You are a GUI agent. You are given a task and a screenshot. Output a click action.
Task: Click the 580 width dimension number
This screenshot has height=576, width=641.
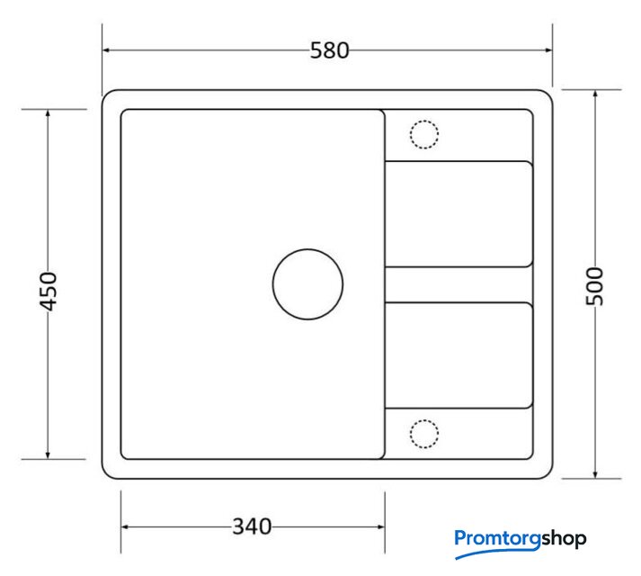click(x=330, y=50)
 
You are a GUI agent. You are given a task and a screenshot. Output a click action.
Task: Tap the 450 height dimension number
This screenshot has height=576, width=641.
click(x=48, y=291)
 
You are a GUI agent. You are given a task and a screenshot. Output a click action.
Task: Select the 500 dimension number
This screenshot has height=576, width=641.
click(x=595, y=286)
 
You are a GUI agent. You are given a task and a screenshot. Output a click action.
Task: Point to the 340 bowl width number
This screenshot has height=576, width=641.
click(x=252, y=526)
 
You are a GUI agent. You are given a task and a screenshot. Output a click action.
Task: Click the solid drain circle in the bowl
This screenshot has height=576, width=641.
click(x=307, y=249)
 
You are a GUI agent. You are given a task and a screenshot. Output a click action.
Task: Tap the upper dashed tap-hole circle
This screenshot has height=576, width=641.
click(x=424, y=121)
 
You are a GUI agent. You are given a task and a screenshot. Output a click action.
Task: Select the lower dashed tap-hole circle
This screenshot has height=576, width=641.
click(x=424, y=419)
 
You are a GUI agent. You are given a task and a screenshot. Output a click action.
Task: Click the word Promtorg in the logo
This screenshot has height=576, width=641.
click(x=498, y=539)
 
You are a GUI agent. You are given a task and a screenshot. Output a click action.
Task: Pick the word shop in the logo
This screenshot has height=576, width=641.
click(x=565, y=539)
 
